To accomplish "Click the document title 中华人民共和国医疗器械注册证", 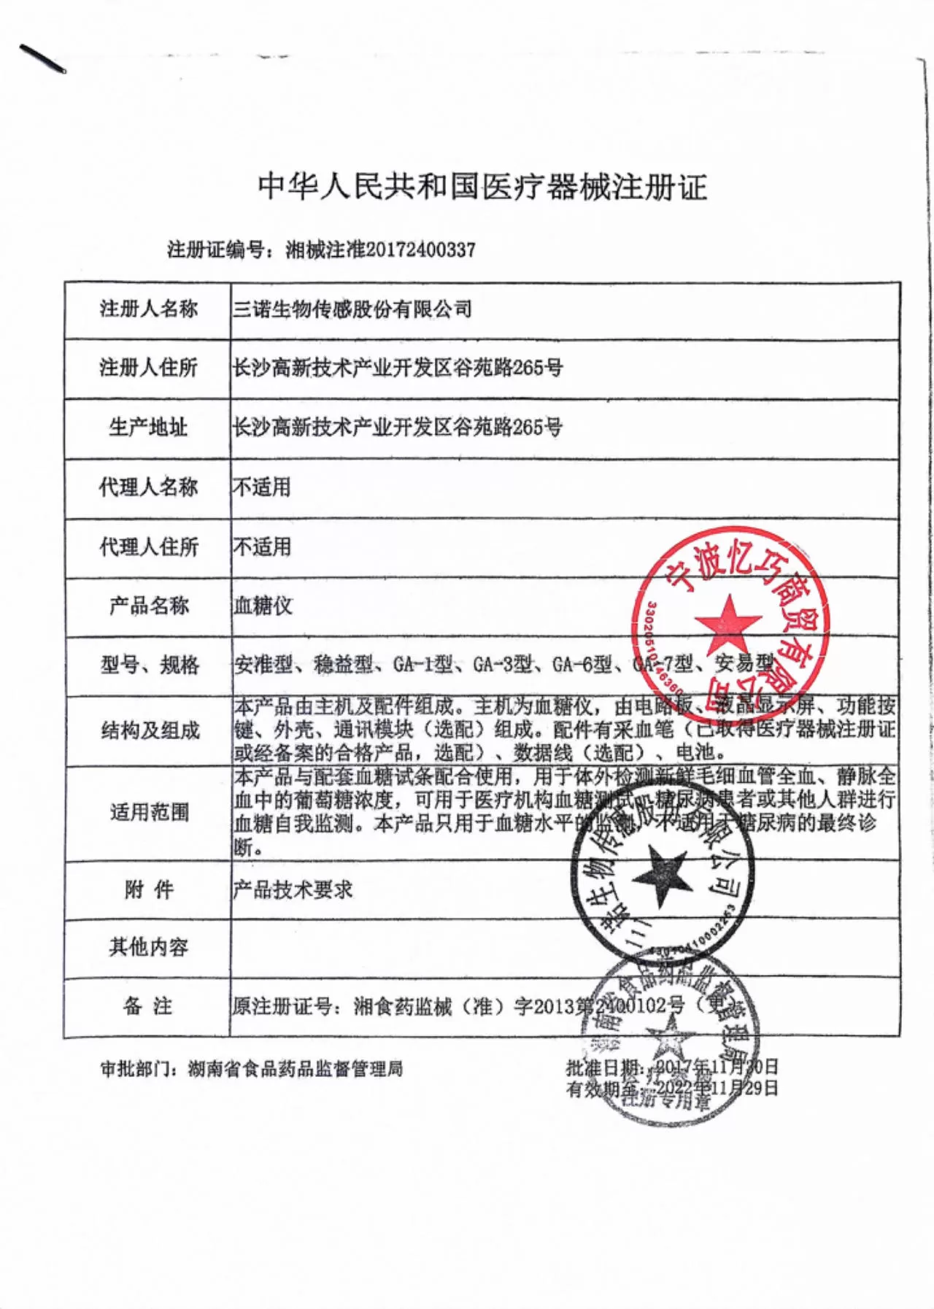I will (x=482, y=187).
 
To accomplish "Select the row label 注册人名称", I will (x=149, y=309).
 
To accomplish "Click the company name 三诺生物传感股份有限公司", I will (x=352, y=309).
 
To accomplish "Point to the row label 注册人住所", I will (x=149, y=367).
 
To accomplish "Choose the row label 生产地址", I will (x=149, y=427).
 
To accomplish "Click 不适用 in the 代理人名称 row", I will (x=262, y=487).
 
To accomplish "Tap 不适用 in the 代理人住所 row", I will (x=262, y=547).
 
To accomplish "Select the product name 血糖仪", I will (x=263, y=606).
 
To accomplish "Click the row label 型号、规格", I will (x=150, y=665).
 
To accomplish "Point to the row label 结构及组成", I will (x=150, y=730).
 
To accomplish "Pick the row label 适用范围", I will (x=150, y=812).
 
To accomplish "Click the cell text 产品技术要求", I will (x=293, y=889).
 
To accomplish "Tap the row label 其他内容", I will (x=149, y=947).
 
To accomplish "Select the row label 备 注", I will (x=148, y=1006).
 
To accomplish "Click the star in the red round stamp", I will (x=727, y=622).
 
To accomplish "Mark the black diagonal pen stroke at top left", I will (x=43, y=58).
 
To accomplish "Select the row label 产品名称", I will (x=149, y=606).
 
